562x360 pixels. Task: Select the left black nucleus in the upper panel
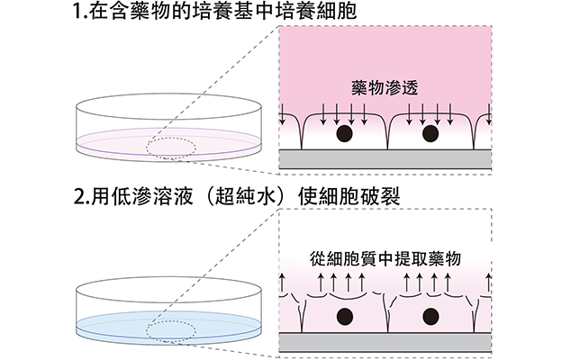[x=344, y=134]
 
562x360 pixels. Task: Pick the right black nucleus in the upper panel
[x=431, y=134]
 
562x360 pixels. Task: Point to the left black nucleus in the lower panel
[x=344, y=316]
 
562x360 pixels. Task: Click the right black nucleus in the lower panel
[x=431, y=316]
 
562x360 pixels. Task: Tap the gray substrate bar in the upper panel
[x=385, y=158]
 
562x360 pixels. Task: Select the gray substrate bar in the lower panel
[x=385, y=342]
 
